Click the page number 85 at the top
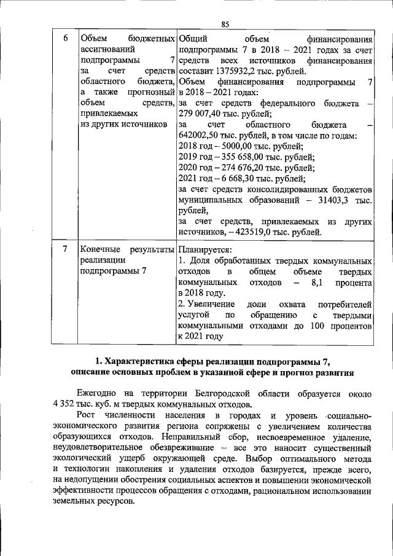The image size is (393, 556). (x=225, y=23)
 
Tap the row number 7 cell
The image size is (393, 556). (x=66, y=250)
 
